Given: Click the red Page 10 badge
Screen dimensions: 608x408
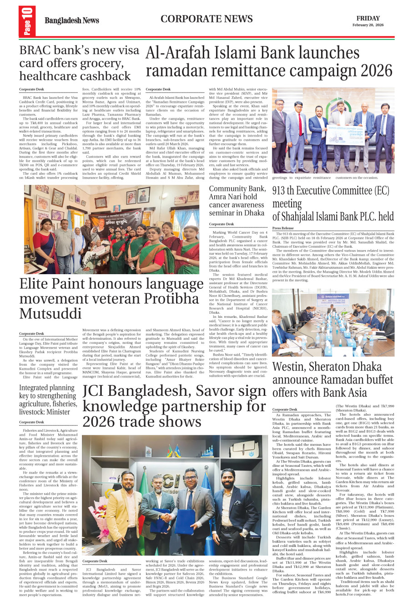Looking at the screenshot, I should click(27, 20).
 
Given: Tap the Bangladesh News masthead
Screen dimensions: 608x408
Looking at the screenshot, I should click(71, 20).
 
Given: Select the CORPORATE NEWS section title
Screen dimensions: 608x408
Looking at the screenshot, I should click(206, 19).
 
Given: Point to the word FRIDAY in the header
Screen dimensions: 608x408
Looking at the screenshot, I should click(368, 18).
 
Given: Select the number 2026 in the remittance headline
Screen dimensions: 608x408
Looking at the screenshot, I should click(369, 71).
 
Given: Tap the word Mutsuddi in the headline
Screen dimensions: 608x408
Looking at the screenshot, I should click(50, 314).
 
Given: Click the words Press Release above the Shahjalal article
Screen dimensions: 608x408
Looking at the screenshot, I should click(283, 228).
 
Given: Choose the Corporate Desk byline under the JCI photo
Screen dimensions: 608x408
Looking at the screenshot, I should click(95, 561).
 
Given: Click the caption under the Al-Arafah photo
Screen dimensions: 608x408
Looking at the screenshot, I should click(325, 178).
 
